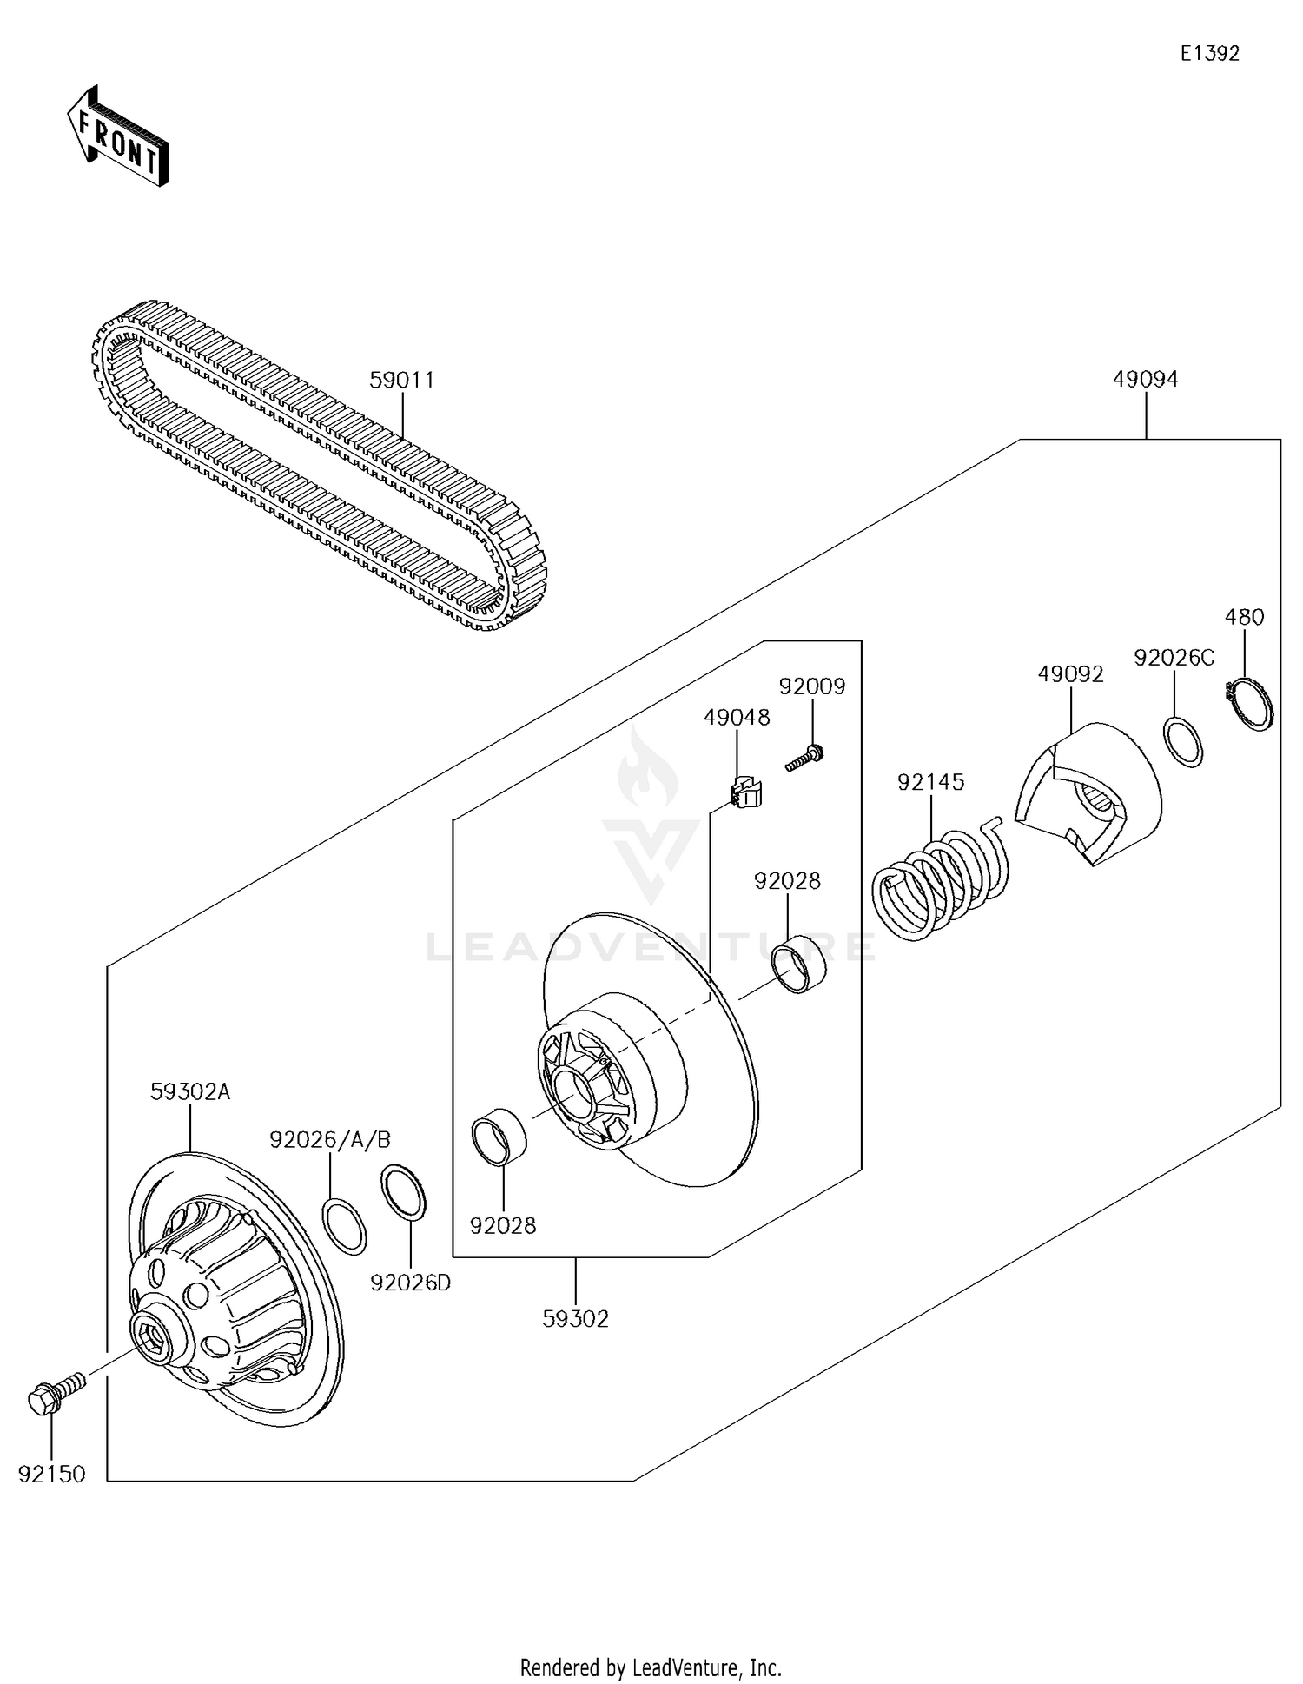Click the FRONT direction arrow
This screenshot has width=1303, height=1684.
118,136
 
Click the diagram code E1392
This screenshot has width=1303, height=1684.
1209,54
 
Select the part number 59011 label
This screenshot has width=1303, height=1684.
401,381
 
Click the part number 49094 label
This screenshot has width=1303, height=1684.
1145,380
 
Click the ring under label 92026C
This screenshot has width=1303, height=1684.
1183,741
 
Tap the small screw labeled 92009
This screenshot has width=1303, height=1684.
804,757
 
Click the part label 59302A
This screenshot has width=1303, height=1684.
190,1092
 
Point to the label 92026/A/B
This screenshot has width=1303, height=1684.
330,1140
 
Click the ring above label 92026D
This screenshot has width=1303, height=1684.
404,1194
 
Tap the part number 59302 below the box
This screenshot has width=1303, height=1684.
575,1319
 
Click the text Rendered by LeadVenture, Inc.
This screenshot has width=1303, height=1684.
650,1667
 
